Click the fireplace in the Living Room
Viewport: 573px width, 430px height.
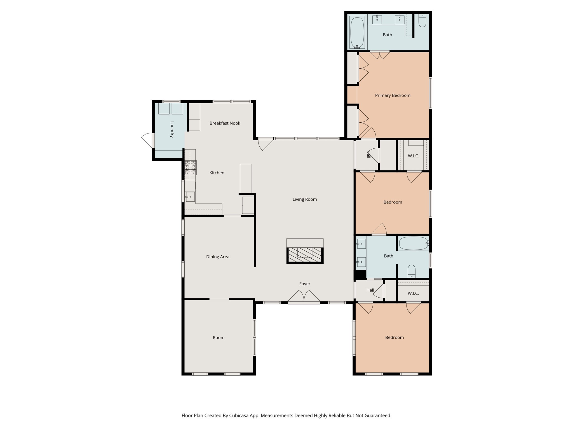(x=305, y=255)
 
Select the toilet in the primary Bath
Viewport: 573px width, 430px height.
(x=422, y=21)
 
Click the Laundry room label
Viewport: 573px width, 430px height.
(x=172, y=129)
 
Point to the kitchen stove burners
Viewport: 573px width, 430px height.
(x=191, y=168)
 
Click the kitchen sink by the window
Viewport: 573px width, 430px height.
(x=190, y=197)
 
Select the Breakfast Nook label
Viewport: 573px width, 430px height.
(x=225, y=123)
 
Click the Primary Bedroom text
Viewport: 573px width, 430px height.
(x=393, y=95)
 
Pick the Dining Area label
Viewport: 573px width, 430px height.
(x=218, y=257)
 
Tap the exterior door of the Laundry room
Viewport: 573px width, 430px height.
(x=148, y=140)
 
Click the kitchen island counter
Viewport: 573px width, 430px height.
(x=245, y=178)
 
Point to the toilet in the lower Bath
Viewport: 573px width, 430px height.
(x=412, y=271)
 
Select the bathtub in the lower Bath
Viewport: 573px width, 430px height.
(x=413, y=243)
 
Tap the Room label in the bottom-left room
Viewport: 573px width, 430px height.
(x=219, y=338)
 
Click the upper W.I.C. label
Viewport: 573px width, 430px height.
(x=413, y=156)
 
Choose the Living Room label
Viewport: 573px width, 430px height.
(x=305, y=199)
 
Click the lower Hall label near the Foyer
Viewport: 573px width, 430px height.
(x=370, y=290)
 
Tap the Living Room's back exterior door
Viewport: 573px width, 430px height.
(x=265, y=144)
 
